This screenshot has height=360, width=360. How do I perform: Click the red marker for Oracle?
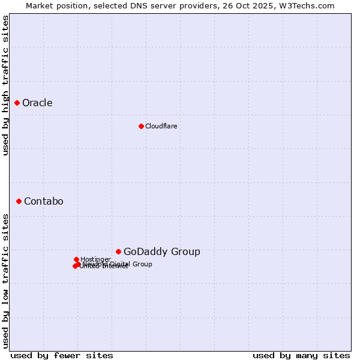(x=17, y=103)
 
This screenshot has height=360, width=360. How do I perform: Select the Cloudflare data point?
(x=141, y=126)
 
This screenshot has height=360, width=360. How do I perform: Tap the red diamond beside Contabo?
(x=19, y=201)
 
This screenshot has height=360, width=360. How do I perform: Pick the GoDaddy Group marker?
(x=118, y=251)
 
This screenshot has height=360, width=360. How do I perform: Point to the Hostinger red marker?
(x=76, y=259)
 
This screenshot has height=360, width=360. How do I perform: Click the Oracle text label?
(x=37, y=103)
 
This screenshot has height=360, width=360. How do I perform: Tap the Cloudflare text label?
(x=161, y=126)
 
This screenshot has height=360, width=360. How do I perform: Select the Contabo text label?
(x=43, y=202)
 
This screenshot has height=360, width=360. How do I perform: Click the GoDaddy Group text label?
(x=161, y=252)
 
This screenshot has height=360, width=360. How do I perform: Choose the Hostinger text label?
(x=95, y=259)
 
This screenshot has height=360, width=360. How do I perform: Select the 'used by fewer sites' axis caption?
(x=62, y=355)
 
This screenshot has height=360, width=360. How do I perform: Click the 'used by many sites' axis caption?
(x=301, y=355)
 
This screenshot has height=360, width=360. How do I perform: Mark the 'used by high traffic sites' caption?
(x=5, y=86)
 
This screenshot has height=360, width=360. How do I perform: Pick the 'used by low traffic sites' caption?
(x=5, y=281)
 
